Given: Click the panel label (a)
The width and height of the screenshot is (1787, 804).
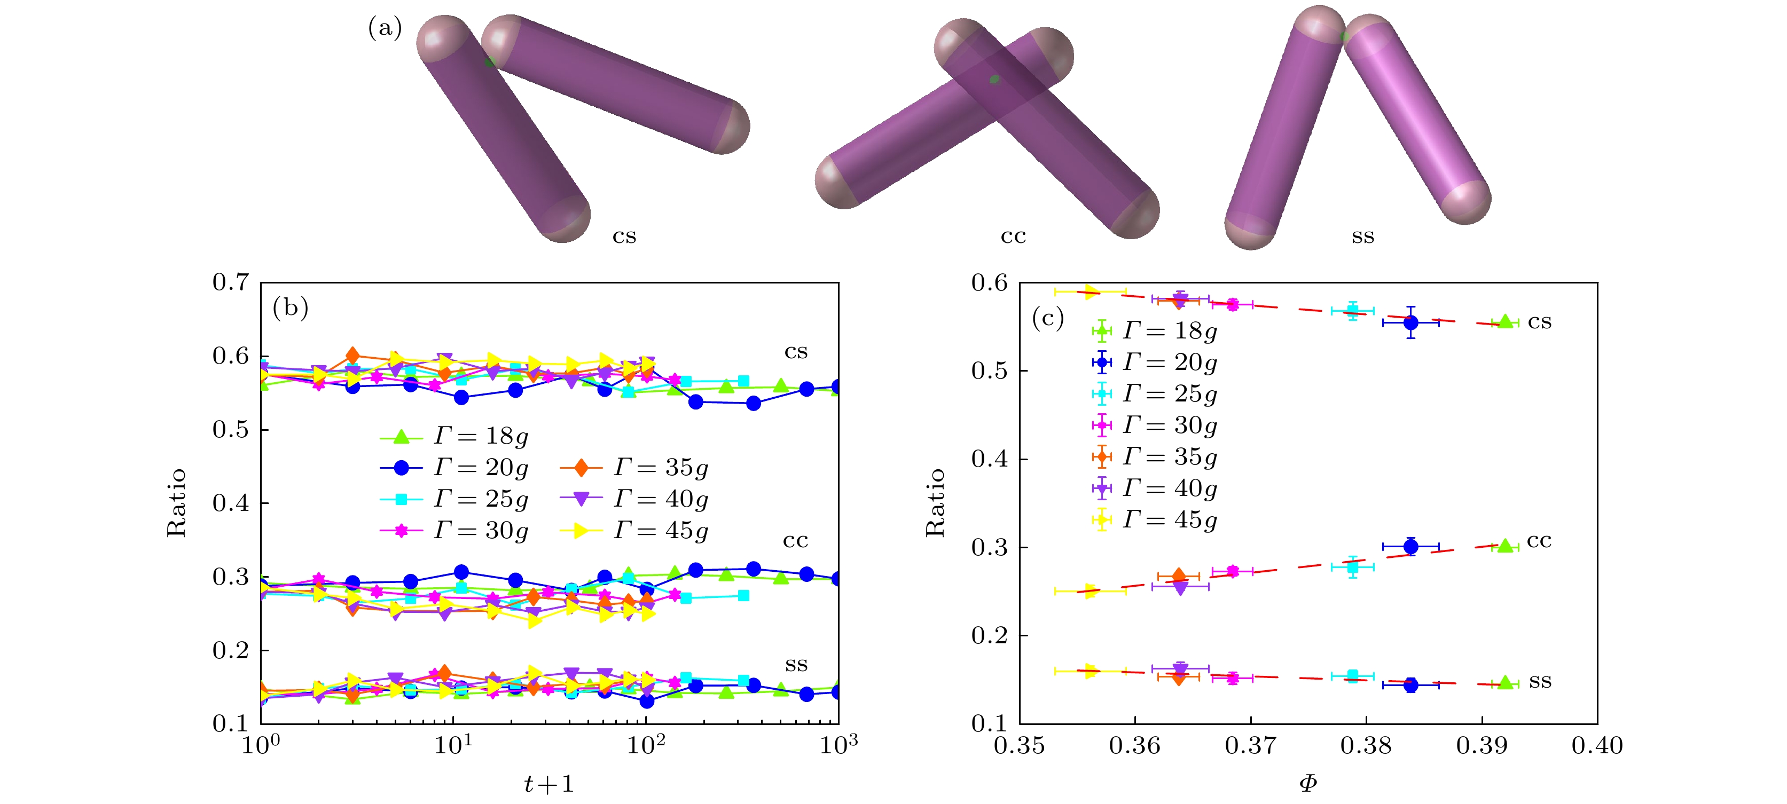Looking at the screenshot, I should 385,28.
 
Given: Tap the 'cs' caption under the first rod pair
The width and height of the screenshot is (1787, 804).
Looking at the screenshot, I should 624,237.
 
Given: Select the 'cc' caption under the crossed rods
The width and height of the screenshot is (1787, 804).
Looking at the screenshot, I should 1013,237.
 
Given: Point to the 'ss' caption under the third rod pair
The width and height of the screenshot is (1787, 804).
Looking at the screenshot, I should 1362,237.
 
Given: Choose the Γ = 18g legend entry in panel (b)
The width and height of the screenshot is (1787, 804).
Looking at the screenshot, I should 454,436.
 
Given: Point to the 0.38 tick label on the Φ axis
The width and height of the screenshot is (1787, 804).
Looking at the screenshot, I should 1366,746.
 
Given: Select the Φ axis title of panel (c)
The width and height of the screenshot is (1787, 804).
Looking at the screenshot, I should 1307,784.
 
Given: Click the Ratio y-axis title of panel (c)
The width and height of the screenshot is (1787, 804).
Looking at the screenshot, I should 935,502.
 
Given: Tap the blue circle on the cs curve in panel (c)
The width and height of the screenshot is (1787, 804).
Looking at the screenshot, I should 1410,322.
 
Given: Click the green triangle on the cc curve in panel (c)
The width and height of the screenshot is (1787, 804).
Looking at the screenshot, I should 1504,546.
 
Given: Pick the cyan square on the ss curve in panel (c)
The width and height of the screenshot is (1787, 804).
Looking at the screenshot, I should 1352,676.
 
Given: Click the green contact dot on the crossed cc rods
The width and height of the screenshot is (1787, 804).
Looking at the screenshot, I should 994,80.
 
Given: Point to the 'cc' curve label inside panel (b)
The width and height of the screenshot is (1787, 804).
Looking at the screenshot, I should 795,540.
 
